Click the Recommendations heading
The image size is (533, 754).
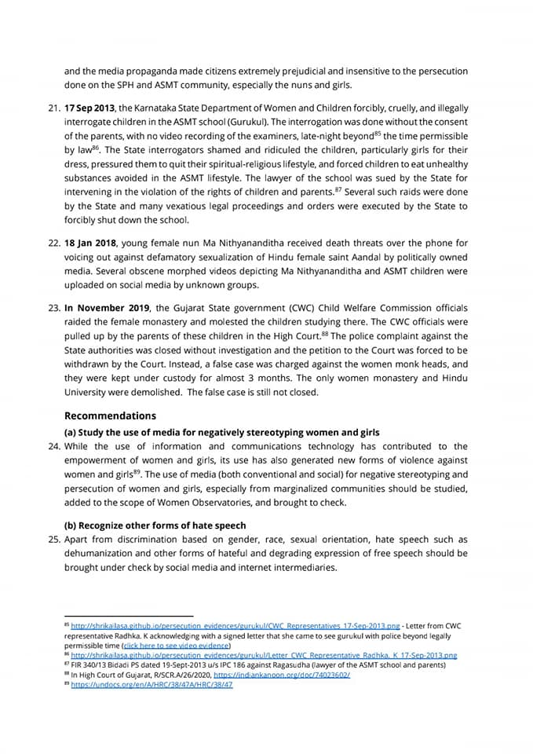[x=110, y=415]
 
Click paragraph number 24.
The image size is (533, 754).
[x=53, y=446]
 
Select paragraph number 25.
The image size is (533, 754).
[x=53, y=540]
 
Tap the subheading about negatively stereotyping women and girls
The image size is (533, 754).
[x=221, y=432]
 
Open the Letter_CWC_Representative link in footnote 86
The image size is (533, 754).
[x=264, y=654]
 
